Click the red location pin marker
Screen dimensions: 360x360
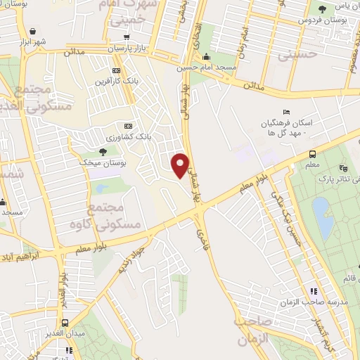(x=181, y=164)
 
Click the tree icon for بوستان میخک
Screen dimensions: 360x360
(x=103, y=151)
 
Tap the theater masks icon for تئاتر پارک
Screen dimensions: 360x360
(x=343, y=168)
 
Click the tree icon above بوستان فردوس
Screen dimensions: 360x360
(x=321, y=9)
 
